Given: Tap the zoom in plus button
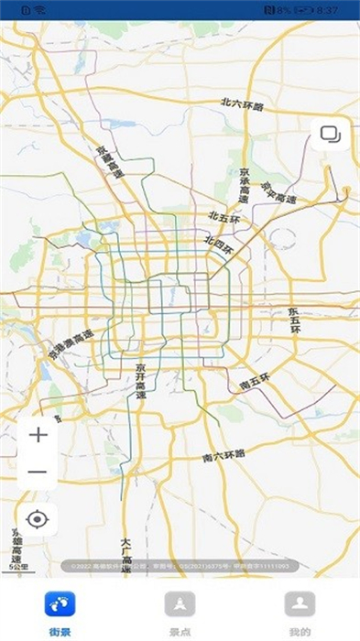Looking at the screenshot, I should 38,434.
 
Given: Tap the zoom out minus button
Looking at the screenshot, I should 38,472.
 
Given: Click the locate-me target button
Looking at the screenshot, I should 38,520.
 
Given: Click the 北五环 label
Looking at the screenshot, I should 223,217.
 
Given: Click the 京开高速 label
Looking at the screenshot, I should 141,380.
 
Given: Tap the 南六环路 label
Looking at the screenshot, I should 224,454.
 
